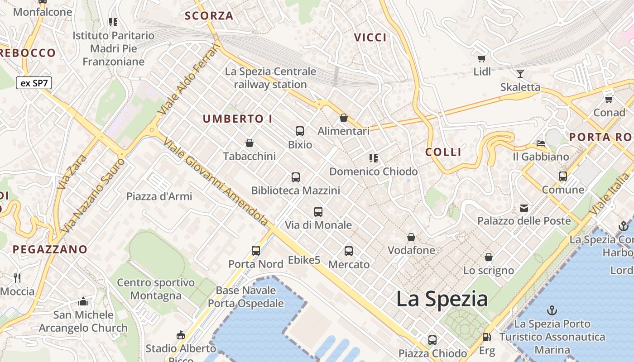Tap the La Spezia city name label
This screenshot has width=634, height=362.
442,299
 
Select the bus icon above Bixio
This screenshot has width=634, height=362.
300,131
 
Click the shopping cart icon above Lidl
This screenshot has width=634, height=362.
482,58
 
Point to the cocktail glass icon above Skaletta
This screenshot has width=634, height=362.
520,73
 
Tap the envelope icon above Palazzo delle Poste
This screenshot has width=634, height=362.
524,208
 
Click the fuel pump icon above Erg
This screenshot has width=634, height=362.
487,337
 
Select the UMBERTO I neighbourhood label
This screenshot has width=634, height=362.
238,119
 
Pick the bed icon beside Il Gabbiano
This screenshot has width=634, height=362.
541,143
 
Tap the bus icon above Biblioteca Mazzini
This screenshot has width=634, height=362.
296,177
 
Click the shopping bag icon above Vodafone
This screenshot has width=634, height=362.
411,237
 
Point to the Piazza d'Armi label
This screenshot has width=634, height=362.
159,196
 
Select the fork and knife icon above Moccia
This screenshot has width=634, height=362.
17,278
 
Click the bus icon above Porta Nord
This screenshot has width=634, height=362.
256,250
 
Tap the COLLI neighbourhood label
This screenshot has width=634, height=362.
443,152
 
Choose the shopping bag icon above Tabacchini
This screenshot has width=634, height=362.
249,143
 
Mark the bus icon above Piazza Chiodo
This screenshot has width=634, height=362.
432,340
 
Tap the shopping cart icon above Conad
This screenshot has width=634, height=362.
609,99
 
